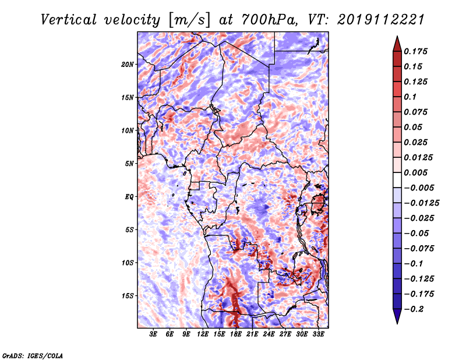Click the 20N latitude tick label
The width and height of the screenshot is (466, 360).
click(128, 65)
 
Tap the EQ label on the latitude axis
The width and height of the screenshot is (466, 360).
click(129, 197)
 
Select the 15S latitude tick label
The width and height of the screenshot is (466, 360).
click(128, 296)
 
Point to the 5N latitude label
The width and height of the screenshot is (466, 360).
click(129, 164)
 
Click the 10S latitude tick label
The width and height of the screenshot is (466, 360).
click(128, 263)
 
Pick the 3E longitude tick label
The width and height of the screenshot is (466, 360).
click(153, 334)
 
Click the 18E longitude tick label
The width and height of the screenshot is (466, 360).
click(236, 334)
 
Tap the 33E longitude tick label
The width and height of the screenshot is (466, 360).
click(318, 334)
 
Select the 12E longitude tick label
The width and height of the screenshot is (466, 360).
click(203, 334)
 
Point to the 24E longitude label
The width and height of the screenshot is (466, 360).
click(269, 334)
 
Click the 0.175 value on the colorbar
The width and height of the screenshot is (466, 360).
click(415, 51)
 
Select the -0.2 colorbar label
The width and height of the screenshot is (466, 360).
click(414, 309)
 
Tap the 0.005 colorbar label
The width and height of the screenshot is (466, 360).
click(415, 172)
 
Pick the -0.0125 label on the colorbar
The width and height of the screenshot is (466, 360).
click(421, 203)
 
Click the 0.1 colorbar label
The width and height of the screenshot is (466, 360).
click(410, 97)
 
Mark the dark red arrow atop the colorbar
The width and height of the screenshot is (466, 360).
click(397, 44)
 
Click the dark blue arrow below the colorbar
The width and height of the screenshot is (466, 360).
click(397, 316)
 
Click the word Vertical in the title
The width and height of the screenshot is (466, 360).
click(69, 20)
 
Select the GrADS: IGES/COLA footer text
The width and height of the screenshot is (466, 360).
click(33, 356)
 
